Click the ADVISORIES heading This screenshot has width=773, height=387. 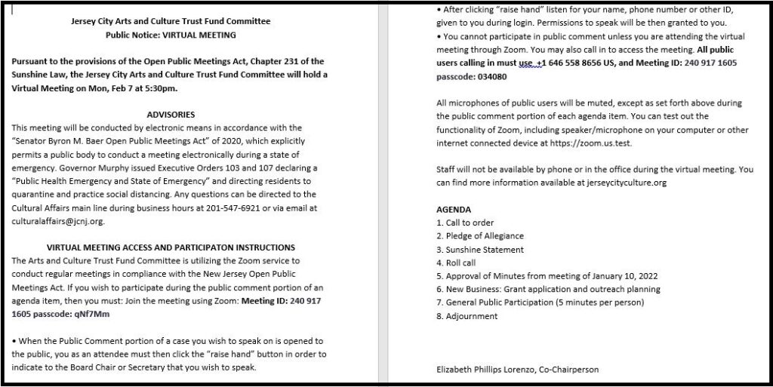pyautogui.click(x=170, y=115)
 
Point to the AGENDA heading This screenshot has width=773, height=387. pyautogui.click(x=454, y=209)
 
